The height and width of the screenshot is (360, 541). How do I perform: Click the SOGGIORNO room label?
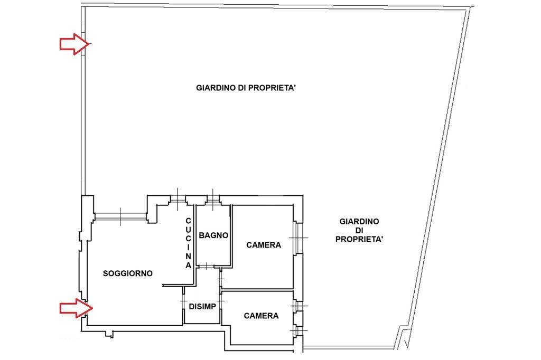coord(127,273)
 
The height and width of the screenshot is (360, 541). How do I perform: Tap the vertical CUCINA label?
coord(188,243)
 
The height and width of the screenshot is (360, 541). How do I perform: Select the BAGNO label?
coord(213,235)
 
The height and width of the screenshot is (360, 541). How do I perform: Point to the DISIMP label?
coord(202,306)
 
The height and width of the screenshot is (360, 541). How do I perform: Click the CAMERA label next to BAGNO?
coord(264,245)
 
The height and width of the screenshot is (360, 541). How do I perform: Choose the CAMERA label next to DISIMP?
coord(261,316)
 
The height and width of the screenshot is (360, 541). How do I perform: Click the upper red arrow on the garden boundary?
coord(73,44)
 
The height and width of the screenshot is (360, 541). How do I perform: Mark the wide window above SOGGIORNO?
coord(120,215)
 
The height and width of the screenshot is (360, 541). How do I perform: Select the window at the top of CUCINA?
coord(178,198)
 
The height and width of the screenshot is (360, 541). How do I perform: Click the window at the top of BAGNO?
coord(213,198)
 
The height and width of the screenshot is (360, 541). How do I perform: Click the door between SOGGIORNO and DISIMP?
coord(183,301)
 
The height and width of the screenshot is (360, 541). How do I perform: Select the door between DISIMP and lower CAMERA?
coord(221,301)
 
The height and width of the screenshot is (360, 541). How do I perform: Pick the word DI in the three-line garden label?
coord(359,231)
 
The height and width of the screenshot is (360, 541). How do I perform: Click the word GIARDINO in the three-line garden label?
coord(359,222)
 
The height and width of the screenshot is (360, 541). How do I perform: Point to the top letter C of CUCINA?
coord(188,221)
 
